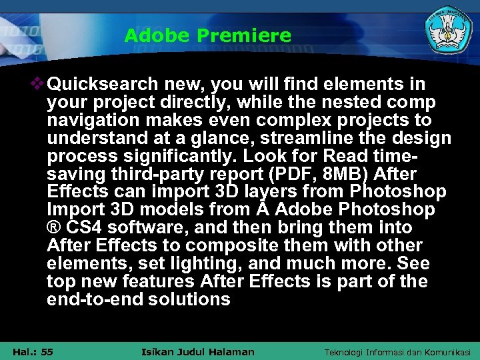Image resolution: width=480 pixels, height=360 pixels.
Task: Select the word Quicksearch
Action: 103,85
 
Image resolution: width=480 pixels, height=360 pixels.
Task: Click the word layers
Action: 275,192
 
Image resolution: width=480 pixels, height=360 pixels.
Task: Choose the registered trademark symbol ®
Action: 53,228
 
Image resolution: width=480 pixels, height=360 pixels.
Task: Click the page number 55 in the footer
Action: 47,351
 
